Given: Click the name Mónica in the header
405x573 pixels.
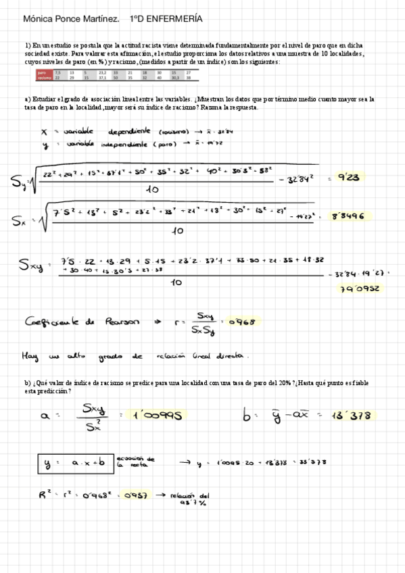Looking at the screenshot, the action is click(39, 21).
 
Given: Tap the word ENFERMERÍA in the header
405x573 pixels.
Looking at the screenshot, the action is click(174, 21).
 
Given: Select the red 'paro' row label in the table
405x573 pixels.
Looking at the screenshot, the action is click(43, 72).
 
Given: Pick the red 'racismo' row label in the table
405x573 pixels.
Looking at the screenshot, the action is click(45, 78).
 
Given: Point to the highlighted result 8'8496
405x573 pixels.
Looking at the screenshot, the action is click(348, 216).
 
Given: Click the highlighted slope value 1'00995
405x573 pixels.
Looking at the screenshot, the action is click(158, 415).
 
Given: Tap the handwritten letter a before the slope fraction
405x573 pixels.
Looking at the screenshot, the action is click(46, 417).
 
